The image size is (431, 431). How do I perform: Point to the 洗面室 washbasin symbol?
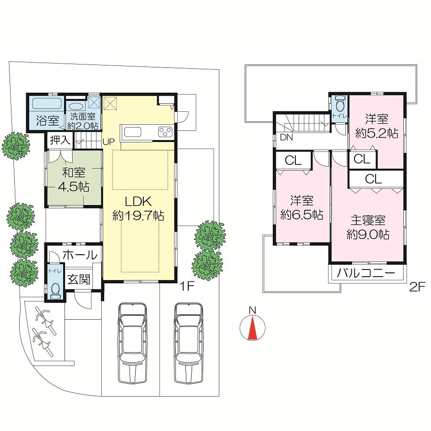tap(75, 107)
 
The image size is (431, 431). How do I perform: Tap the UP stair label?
tap(108, 142)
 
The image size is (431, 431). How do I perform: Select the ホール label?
tap(79, 255)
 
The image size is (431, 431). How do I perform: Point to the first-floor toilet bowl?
tap(55, 290)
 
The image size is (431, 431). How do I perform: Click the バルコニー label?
tap(366, 274)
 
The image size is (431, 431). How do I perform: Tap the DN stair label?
tap(286, 138)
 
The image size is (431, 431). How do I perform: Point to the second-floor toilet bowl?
tap(340, 104)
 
